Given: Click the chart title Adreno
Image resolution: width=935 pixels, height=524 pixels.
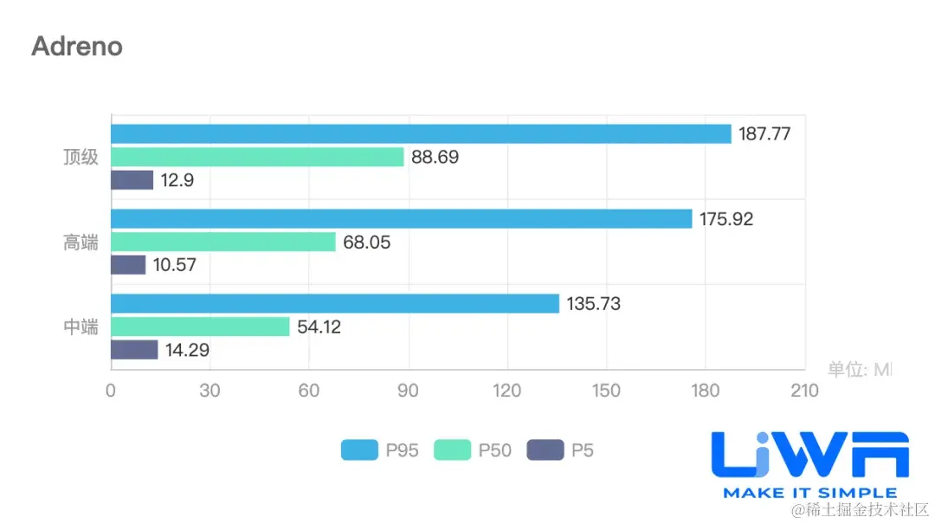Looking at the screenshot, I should pos(77,46).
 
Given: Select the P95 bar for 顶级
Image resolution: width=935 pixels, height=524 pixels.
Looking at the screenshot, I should pos(421,134).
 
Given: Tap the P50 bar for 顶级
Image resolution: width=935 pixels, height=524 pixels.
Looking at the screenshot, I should pos(257,157).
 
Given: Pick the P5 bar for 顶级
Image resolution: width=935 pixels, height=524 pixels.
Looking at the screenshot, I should pos(132,180).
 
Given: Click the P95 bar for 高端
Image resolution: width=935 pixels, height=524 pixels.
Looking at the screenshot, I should pos(401,219).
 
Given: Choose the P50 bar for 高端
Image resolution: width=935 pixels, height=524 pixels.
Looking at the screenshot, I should pos(222,243).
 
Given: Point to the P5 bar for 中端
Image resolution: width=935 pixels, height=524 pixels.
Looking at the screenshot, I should pos(134,350).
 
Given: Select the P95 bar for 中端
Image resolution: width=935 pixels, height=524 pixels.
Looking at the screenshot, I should pos(335,304).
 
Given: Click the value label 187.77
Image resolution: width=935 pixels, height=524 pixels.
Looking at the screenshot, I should pos(764,134).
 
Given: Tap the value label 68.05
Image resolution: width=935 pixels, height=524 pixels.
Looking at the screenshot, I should pos(366,243).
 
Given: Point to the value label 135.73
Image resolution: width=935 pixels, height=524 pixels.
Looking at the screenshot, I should pos(594,304).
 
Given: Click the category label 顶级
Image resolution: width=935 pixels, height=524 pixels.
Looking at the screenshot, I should pos(81,158).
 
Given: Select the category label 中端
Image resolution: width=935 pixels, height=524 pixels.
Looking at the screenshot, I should pos(81,327).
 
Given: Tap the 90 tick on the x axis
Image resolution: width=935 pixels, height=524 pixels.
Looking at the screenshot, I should pos(408,391).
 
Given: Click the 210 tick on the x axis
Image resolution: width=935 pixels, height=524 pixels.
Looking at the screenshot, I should pos(804,391).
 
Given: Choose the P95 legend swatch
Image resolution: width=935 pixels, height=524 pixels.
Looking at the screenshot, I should pos(359,450).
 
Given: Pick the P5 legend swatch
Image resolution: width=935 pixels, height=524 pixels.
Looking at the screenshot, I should pos(545,450).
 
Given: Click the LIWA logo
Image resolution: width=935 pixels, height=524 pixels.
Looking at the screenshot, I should pos(809,455).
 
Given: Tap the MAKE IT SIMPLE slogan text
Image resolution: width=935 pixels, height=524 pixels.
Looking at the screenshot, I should pos(809,493).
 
